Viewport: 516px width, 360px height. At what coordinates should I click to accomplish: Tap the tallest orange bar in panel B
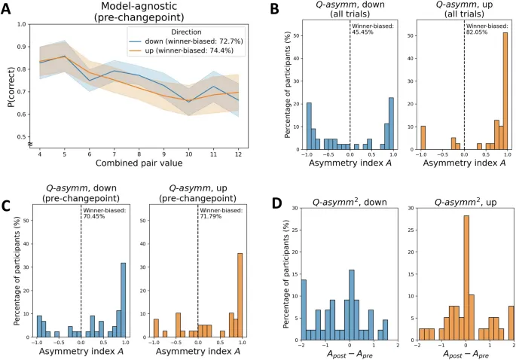click(x=504, y=94)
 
